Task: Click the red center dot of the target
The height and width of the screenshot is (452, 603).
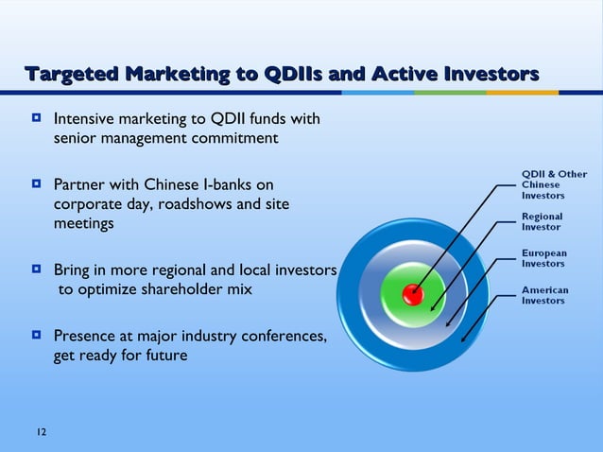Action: coord(411,294)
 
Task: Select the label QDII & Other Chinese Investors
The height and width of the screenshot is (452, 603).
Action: coord(554,184)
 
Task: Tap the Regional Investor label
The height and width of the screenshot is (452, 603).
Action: coord(542,221)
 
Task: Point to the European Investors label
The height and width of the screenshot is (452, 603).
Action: coord(544,258)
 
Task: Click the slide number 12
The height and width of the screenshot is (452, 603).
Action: coord(42,432)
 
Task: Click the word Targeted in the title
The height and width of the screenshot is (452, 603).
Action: coord(75,74)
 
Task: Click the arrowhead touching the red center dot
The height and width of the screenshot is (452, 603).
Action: coord(417,289)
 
